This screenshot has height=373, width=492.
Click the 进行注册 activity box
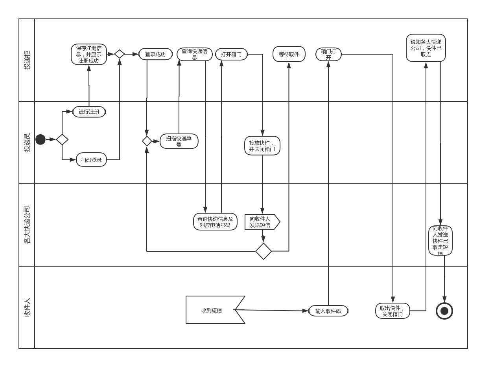pyautogui.click(x=89, y=112)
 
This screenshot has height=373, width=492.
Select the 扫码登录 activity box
pyautogui.click(x=91, y=160)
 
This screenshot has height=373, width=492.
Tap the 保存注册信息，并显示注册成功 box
pyautogui.click(x=89, y=55)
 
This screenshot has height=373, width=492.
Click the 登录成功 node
pyautogui.click(x=155, y=54)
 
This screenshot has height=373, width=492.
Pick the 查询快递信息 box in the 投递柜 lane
pyautogui.click(x=194, y=54)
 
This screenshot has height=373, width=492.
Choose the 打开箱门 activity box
pyautogui.click(x=231, y=54)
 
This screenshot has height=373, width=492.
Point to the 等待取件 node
pyautogui.click(x=289, y=54)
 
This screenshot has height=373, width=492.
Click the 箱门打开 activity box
pyautogui.click(x=328, y=54)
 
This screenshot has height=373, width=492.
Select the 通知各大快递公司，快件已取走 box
pyautogui.click(x=426, y=48)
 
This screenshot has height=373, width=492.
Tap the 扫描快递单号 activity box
pyautogui.click(x=179, y=141)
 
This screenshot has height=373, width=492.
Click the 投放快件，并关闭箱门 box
pyautogui.click(x=262, y=146)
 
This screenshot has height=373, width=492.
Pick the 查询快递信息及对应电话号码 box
pyautogui.click(x=215, y=222)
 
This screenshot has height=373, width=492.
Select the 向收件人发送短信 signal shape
pyautogui.click(x=262, y=222)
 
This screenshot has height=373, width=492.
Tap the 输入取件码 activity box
pyautogui.click(x=328, y=311)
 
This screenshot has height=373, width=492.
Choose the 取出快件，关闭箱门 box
pyautogui.click(x=392, y=311)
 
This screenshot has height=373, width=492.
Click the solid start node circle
pyautogui.click(x=41, y=139)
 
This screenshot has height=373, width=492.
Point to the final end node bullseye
pyautogui.click(x=444, y=311)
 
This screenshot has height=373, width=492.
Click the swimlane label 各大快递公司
pyautogui.click(x=27, y=225)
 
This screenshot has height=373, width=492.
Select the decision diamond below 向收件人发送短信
pyautogui.click(x=264, y=251)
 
